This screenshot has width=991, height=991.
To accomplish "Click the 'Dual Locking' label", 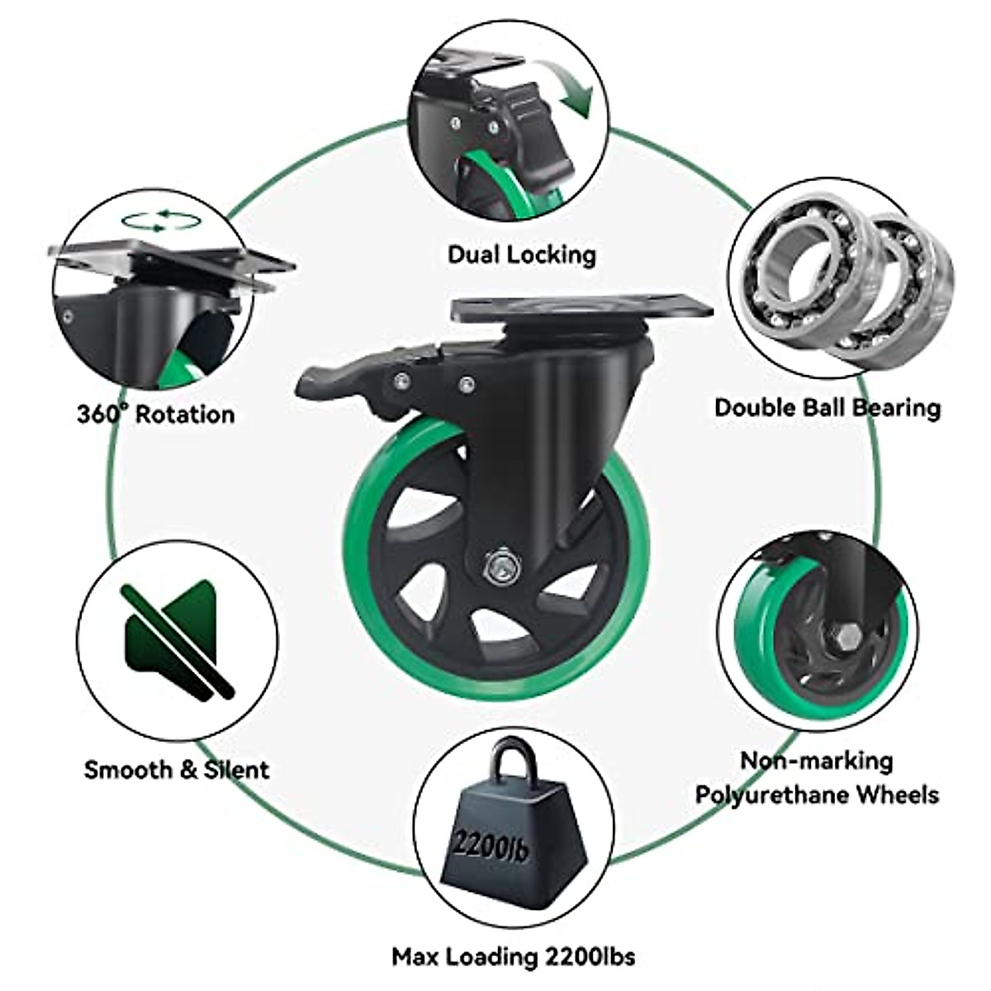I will point(521,254).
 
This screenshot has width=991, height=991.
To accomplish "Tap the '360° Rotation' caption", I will point(156,413).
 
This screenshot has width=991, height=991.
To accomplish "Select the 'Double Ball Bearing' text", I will point(827,407).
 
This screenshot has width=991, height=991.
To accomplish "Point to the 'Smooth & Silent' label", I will point(177,770).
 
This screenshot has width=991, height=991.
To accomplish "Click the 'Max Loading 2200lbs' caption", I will point(514,957).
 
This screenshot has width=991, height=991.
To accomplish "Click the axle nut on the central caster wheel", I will point(499,567).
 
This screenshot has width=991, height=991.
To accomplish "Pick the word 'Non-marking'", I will point(816,760).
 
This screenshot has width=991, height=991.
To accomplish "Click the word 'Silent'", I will point(236,770).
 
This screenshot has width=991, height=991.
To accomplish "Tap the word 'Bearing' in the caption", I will point(897,407).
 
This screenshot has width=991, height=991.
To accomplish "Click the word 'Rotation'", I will point(185,413).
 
